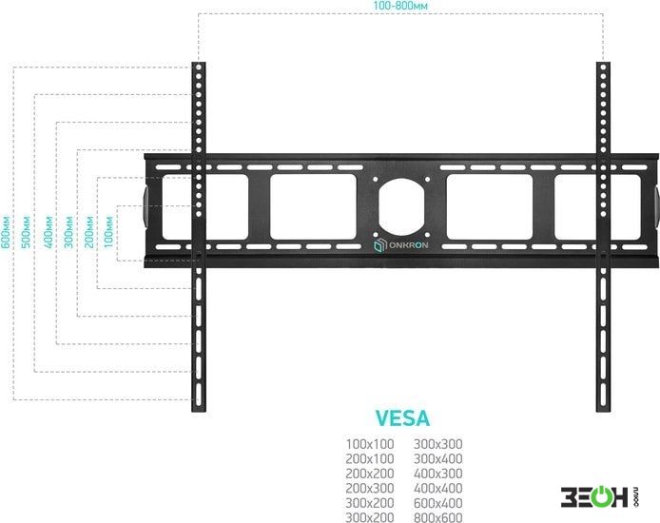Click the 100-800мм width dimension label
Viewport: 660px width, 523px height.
coord(400,6)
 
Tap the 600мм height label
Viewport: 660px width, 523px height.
coord(6,232)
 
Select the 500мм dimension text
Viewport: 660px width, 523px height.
coord(26,232)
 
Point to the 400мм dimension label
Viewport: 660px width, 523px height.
coord(48,232)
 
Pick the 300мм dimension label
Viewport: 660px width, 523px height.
coord(68,232)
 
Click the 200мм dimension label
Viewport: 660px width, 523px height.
coord(88,232)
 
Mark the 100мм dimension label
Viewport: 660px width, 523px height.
coord(108,232)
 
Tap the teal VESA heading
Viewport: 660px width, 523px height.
coord(402,417)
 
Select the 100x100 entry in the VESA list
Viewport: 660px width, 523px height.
coord(370,444)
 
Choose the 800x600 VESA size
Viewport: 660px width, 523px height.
coord(437,517)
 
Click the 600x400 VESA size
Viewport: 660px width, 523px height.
coord(437,503)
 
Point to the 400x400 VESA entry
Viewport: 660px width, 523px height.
coord(437,488)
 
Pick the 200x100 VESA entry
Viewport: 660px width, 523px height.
coord(370,458)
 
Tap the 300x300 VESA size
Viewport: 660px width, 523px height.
coord(437,444)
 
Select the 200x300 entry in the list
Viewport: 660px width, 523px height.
coord(370,488)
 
